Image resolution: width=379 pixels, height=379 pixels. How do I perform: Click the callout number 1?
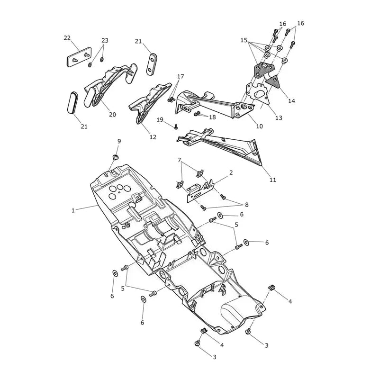[73, 210]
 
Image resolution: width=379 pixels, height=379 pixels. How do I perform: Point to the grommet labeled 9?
[116, 157]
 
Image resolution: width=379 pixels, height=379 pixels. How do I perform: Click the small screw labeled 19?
[176, 126]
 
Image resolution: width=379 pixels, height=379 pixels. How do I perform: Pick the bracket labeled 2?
[200, 191]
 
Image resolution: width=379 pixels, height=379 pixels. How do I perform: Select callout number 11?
[273, 180]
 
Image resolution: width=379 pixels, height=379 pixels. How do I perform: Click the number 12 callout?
[153, 137]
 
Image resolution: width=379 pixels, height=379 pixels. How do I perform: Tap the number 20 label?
[112, 114]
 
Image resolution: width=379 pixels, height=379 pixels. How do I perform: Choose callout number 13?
[279, 118]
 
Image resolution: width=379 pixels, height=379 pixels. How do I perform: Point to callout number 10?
[259, 126]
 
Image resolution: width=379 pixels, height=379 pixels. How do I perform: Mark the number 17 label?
[180, 76]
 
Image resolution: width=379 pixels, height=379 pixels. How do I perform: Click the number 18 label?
[212, 117]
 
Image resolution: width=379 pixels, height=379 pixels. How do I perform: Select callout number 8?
[246, 205]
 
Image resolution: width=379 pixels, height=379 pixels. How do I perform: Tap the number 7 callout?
[179, 160]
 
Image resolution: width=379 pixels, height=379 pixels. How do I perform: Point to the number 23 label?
[105, 40]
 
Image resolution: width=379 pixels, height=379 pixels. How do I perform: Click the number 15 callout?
[244, 40]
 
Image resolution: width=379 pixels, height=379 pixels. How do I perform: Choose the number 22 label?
[67, 38]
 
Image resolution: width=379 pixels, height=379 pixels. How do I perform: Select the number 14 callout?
[292, 101]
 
